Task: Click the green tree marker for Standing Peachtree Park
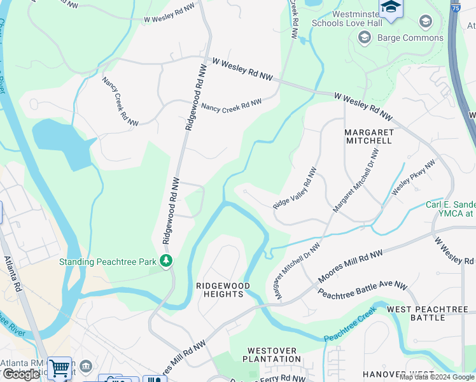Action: tap(166, 261)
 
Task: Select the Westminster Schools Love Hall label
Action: tap(347, 17)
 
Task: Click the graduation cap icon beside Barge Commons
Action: tap(364, 38)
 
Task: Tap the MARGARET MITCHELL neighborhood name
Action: tap(368, 136)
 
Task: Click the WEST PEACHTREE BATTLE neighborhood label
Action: tap(428, 313)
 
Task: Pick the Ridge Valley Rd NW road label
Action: tap(295, 188)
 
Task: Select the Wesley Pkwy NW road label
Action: tap(413, 177)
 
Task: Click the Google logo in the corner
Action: tap(21, 374)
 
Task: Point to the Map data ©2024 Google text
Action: tap(437, 377)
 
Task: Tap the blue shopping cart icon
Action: tap(59, 368)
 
